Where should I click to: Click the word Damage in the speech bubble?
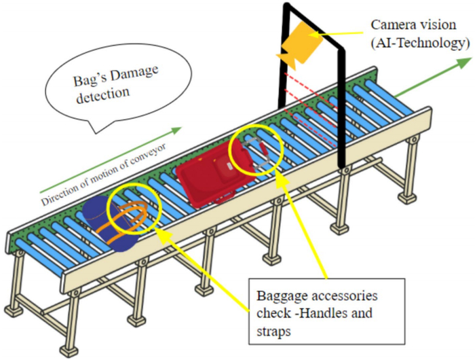coord(136,73)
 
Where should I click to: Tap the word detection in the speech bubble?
coord(103,94)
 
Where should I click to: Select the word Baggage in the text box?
coord(281,296)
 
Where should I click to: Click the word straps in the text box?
coord(273,331)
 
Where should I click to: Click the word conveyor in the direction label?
coord(148,158)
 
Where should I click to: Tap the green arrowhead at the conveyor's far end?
coord(464,62)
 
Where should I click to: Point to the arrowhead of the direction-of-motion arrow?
coord(176,130)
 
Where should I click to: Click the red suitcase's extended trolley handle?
coord(256,153)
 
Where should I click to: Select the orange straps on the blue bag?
coord(126,220)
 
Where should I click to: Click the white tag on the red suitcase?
coord(229,166)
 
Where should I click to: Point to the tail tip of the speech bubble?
coord(96,133)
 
